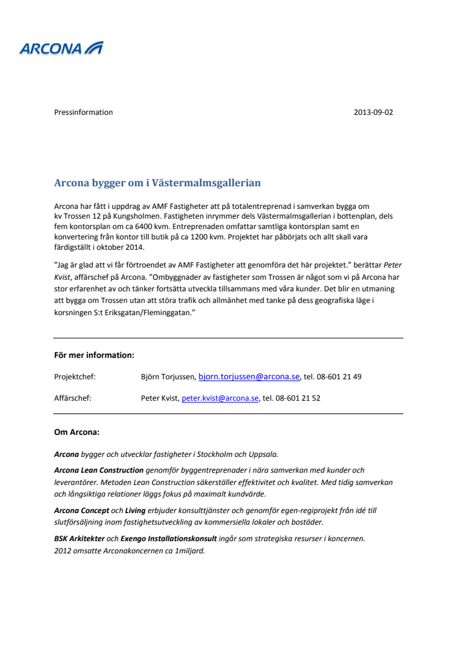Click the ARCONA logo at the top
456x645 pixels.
[61, 48]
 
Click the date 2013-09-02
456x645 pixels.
[373, 112]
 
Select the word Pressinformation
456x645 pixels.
[84, 112]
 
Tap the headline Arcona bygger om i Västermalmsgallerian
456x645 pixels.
[158, 183]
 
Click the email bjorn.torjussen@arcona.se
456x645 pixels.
[249, 377]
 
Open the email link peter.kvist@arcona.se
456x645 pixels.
[220, 398]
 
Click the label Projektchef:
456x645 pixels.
[75, 377]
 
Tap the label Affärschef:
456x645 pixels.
[73, 398]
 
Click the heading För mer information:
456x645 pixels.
[94, 355]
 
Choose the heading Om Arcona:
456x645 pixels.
[77, 432]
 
